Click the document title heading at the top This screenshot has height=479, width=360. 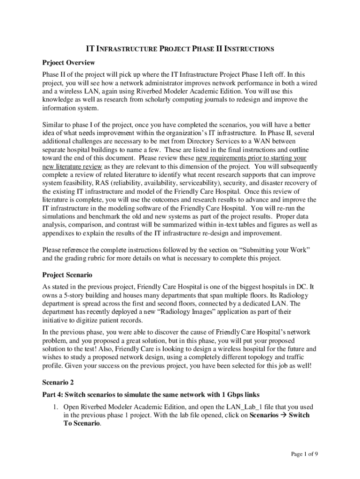click(x=180, y=49)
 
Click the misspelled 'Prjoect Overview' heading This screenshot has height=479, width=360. click(x=68, y=62)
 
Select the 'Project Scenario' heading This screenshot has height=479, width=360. click(x=67, y=275)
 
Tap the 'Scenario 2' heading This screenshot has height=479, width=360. click(x=58, y=382)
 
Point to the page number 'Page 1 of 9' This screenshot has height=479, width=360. click(x=304, y=453)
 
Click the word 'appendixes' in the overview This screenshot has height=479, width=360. click(x=59, y=233)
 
